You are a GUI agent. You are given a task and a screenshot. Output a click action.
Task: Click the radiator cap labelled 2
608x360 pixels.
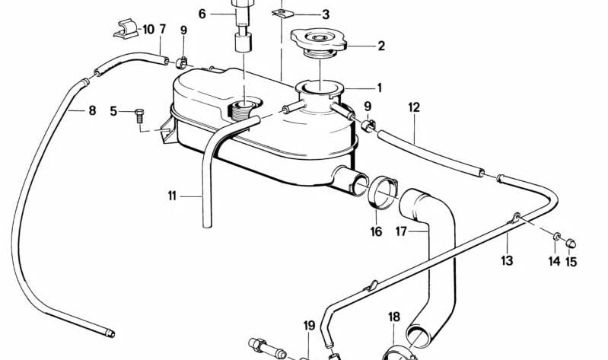(x=318, y=43)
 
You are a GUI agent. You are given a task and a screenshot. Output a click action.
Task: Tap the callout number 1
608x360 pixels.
(x=379, y=88)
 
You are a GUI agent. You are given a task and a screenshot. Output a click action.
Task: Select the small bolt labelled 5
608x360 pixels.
(x=139, y=116)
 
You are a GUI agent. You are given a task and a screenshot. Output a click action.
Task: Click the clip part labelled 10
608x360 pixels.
(x=126, y=29)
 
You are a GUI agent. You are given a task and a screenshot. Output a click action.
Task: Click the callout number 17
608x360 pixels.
(x=401, y=231)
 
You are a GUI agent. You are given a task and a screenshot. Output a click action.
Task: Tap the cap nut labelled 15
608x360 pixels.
(x=571, y=244)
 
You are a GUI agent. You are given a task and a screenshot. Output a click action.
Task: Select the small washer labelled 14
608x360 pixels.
(x=556, y=236)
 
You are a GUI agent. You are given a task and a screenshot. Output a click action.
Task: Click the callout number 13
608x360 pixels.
(x=507, y=260)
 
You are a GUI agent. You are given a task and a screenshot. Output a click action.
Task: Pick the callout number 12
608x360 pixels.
(x=414, y=107)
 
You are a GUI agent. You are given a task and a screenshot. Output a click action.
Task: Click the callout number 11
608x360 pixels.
(x=172, y=196)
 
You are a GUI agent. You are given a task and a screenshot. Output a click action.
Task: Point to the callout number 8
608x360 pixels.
(x=92, y=110)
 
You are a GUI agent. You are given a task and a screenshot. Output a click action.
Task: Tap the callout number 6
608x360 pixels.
(x=202, y=14)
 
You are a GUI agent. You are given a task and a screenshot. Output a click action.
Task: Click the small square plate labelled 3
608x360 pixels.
(x=283, y=14)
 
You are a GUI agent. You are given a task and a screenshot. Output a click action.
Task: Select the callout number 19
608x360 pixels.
(x=309, y=326)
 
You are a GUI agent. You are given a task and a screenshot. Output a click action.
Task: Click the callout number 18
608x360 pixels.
(x=394, y=317)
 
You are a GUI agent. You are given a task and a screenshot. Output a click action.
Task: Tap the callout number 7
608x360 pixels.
(x=163, y=29)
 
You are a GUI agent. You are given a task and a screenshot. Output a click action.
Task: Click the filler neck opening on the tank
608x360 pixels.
(x=320, y=87)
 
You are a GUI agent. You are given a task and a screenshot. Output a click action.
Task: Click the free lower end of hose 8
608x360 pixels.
(x=110, y=333)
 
